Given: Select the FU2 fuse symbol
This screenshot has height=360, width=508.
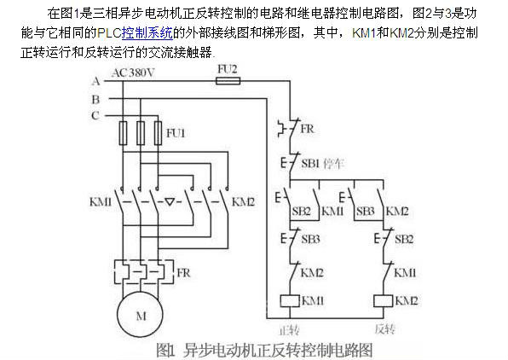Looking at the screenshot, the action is click(x=228, y=80).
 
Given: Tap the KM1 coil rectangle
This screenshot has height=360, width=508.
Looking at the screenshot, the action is click(x=290, y=300).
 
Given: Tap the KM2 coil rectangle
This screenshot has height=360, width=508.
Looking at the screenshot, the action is click(x=384, y=300).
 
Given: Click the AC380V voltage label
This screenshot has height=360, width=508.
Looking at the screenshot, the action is click(x=133, y=73).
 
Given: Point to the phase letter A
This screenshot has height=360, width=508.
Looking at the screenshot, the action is click(x=95, y=81).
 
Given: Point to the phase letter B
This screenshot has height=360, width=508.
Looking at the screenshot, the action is click(x=95, y=99).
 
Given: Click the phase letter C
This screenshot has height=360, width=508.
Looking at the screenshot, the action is click(x=95, y=115).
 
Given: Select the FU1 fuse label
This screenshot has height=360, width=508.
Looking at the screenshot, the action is click(x=176, y=133).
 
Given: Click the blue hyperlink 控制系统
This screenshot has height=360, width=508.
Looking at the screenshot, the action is click(x=147, y=32).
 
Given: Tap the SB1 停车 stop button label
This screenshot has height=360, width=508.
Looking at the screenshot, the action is click(x=323, y=164).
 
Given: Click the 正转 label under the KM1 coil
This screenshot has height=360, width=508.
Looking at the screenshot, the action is click(x=289, y=330).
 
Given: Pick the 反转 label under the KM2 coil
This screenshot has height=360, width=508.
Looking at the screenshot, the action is click(x=385, y=329).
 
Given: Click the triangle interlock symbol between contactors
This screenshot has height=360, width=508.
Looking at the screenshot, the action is click(x=170, y=202).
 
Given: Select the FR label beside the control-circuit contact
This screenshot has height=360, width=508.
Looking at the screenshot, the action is click(x=307, y=129).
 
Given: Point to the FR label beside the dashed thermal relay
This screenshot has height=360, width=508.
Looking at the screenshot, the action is click(x=183, y=272).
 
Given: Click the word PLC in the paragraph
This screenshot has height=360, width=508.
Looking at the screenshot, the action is click(x=109, y=32).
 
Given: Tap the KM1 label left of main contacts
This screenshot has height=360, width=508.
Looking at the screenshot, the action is click(x=101, y=201).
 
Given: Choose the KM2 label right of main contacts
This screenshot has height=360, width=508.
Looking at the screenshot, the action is click(x=243, y=201).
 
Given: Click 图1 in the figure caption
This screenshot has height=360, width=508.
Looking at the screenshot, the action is click(x=165, y=350).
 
